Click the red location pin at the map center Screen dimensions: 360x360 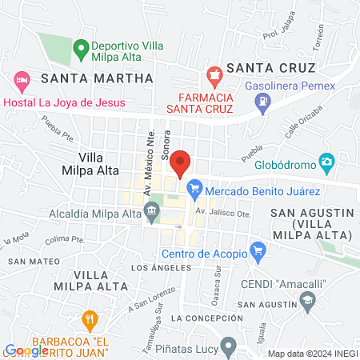181,162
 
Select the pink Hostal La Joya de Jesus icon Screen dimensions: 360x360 22,80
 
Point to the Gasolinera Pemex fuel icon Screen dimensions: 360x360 262,102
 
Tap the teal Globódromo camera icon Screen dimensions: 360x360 326,163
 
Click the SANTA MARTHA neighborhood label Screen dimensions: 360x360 96,78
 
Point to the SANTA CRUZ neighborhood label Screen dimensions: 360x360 270,68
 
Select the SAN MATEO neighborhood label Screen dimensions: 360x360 28,262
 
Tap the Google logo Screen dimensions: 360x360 26,350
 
